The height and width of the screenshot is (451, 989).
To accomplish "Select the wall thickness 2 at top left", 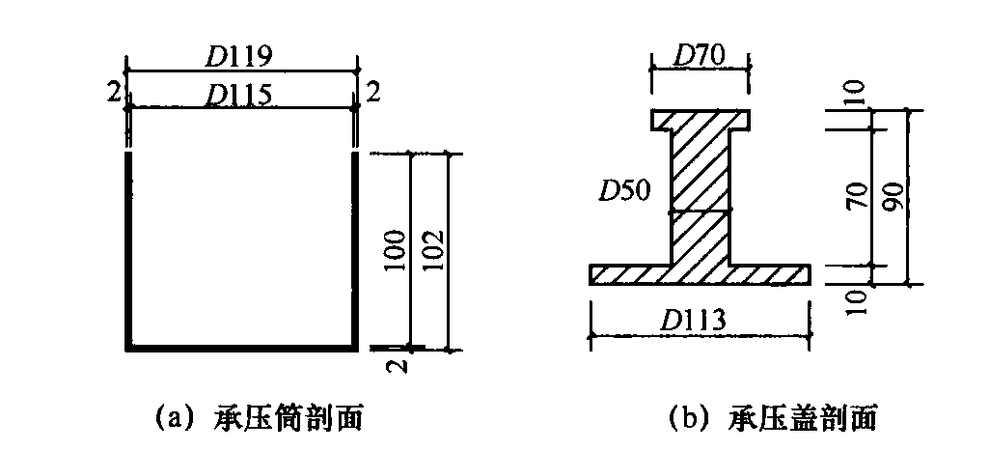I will point(115,93).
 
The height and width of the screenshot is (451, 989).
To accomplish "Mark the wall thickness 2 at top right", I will point(372,93).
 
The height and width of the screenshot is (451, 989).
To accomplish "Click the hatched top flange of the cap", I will point(700,121).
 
